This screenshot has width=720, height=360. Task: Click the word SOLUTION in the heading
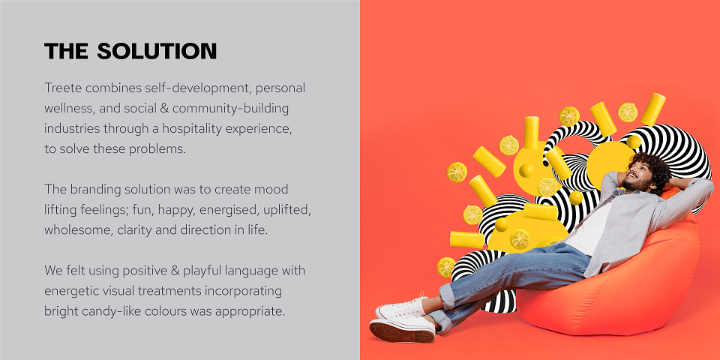157,51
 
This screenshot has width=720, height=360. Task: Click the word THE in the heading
66,51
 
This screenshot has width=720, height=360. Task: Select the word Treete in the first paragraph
59,88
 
